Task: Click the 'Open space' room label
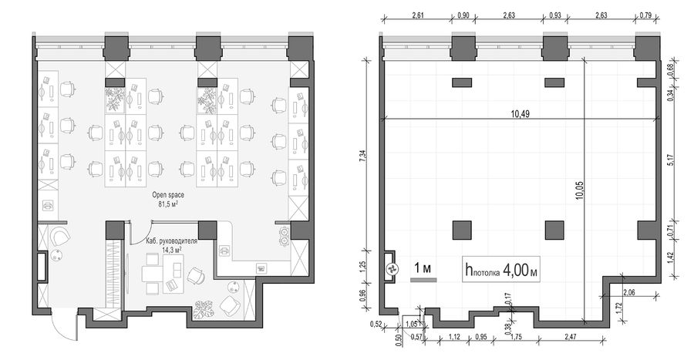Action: [168, 194]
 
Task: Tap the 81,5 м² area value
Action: [168, 204]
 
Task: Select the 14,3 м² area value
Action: [172, 251]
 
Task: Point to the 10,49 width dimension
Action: [520, 113]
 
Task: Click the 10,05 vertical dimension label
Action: [580, 190]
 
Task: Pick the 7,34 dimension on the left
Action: [363, 156]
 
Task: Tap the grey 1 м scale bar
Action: [423, 280]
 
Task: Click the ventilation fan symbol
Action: [392, 268]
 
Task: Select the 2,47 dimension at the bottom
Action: [571, 337]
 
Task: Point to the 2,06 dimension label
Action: [629, 292]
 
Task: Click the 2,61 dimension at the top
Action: [417, 15]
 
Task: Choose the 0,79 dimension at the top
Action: [645, 15]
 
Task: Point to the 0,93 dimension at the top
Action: [555, 15]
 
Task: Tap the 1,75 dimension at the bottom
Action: [516, 337]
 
